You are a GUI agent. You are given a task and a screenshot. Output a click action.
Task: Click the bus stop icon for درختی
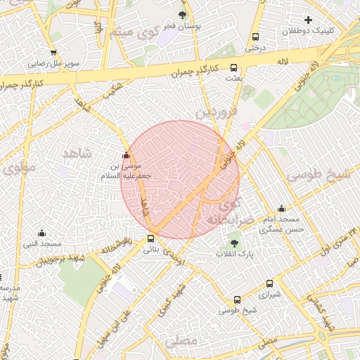254,37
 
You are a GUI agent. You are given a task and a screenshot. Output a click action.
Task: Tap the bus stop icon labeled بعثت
234,69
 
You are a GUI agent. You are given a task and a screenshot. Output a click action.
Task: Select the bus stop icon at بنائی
150,238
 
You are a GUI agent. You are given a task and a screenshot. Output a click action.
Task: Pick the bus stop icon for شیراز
269,284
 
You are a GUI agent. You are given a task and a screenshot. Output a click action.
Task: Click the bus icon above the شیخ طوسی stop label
238,299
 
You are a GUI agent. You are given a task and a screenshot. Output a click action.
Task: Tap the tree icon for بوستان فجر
183,15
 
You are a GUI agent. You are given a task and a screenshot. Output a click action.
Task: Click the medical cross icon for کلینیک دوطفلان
307,20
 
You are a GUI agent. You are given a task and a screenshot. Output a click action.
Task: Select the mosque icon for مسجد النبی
41,233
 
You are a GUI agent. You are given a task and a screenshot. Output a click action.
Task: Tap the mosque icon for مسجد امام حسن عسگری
281,208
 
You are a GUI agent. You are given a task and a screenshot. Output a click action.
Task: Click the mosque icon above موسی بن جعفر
126,155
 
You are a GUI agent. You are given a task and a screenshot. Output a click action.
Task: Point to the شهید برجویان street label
55,262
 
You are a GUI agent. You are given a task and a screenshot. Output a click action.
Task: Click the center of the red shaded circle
180,179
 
